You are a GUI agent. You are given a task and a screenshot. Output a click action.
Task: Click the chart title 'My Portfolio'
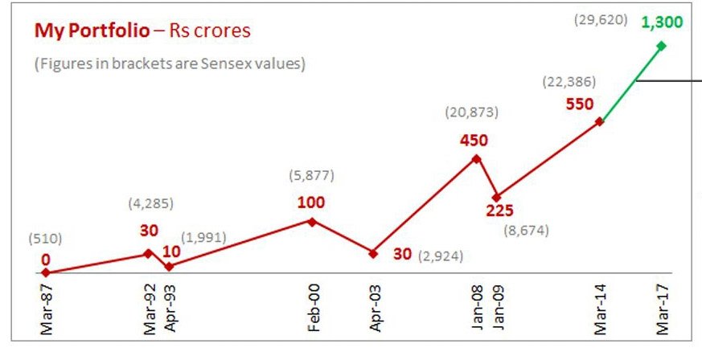click(x=91, y=31)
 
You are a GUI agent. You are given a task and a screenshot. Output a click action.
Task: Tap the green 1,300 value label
click(x=662, y=22)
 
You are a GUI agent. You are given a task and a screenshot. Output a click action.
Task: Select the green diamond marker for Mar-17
click(x=662, y=46)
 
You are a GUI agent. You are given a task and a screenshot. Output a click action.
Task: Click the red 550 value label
click(x=579, y=104)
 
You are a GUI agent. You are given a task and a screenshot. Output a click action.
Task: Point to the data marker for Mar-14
click(x=600, y=121)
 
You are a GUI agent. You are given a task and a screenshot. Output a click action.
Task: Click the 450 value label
click(x=474, y=141)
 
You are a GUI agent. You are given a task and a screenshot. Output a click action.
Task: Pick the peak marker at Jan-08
click(x=476, y=158)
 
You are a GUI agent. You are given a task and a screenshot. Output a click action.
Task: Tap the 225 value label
click(x=499, y=211)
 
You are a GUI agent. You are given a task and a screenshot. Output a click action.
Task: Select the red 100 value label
click(x=310, y=202)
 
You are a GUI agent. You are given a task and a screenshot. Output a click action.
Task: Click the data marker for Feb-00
click(x=313, y=221)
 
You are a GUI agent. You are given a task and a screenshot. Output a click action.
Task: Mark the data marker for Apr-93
click(x=169, y=266)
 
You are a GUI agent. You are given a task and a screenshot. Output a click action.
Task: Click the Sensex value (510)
click(x=44, y=239)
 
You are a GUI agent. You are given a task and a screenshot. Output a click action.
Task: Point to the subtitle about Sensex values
click(x=170, y=64)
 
